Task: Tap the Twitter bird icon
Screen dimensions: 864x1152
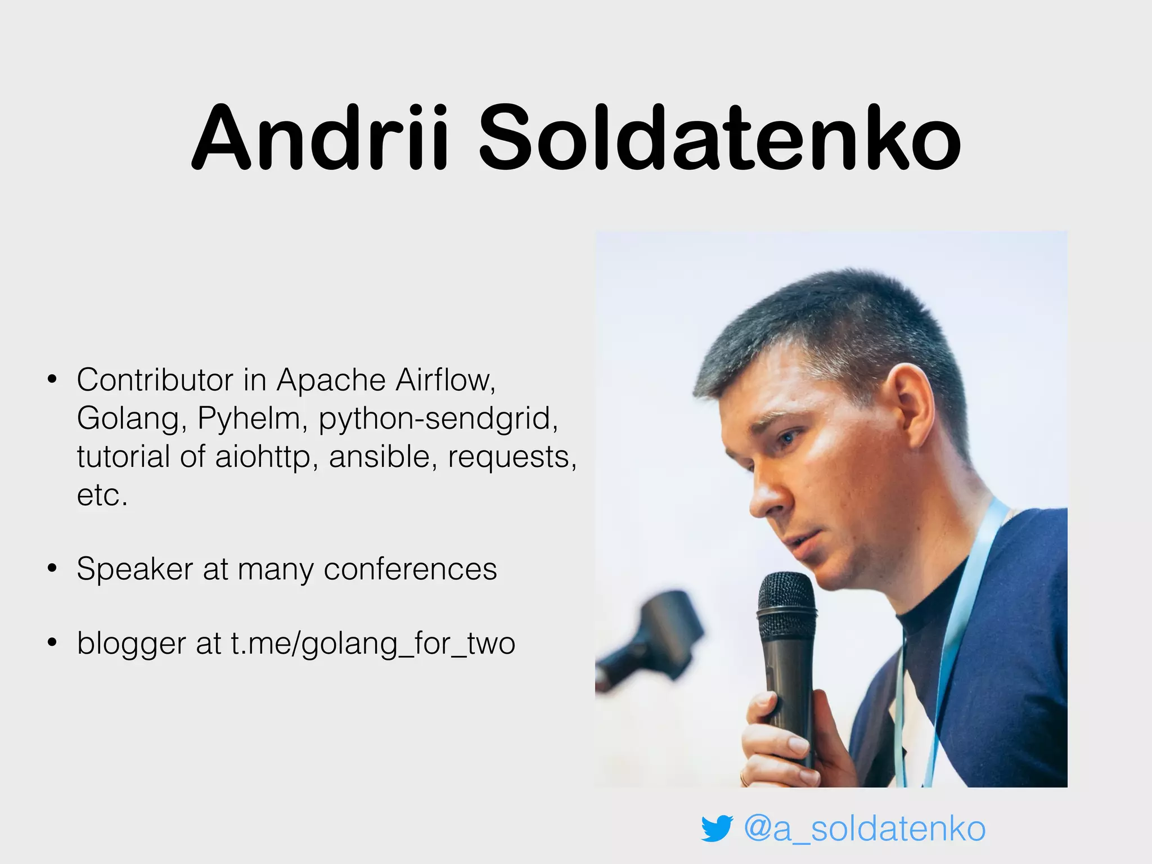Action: (x=716, y=828)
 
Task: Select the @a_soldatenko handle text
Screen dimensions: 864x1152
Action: (x=865, y=828)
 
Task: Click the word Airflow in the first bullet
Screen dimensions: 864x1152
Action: (x=445, y=380)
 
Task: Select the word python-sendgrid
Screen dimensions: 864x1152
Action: (x=438, y=418)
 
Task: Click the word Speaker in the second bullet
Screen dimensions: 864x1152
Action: (x=135, y=569)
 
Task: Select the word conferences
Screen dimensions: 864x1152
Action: (x=410, y=569)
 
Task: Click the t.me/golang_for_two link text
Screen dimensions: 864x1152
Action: (x=373, y=643)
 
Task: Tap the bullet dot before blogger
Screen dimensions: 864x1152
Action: (x=52, y=642)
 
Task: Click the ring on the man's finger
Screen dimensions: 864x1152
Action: (x=744, y=779)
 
